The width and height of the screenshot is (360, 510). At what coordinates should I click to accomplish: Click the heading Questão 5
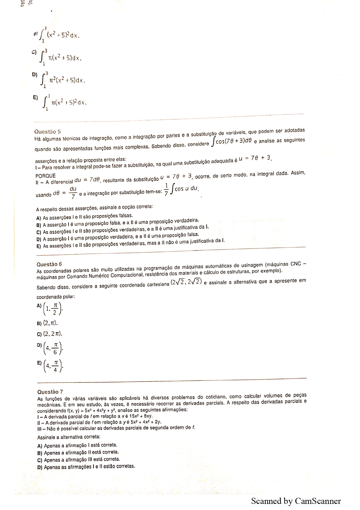point(48,132)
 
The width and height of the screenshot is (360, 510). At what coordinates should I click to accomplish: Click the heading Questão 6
point(49,264)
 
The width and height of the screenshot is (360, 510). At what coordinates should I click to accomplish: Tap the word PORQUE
point(46,176)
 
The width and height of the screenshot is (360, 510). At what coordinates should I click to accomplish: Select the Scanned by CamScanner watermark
point(296,501)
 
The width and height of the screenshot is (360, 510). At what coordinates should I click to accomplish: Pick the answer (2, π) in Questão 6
point(51,323)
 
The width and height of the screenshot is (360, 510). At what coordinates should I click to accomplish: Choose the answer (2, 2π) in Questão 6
point(53,334)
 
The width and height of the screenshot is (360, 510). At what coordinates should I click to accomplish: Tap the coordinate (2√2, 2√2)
point(186,282)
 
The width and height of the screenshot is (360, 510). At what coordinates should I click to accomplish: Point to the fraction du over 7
point(73,192)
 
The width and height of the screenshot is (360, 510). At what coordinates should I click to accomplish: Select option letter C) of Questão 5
point(39,232)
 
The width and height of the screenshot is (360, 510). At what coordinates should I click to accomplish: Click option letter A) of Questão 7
point(40,446)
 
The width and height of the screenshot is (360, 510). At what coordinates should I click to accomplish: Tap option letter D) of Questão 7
point(40,467)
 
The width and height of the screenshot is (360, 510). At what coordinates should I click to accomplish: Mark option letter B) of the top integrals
point(35,34)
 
